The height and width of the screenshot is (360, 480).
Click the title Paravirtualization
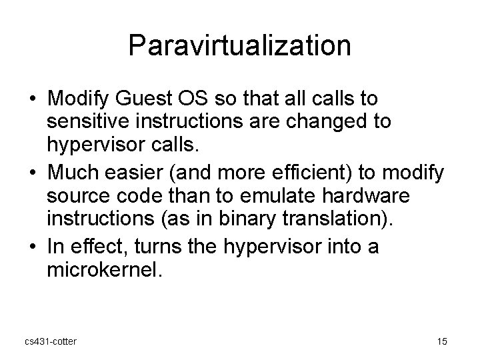point(240,46)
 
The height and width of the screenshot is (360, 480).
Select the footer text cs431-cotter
point(50,342)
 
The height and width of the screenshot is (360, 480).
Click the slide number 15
point(442,342)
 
